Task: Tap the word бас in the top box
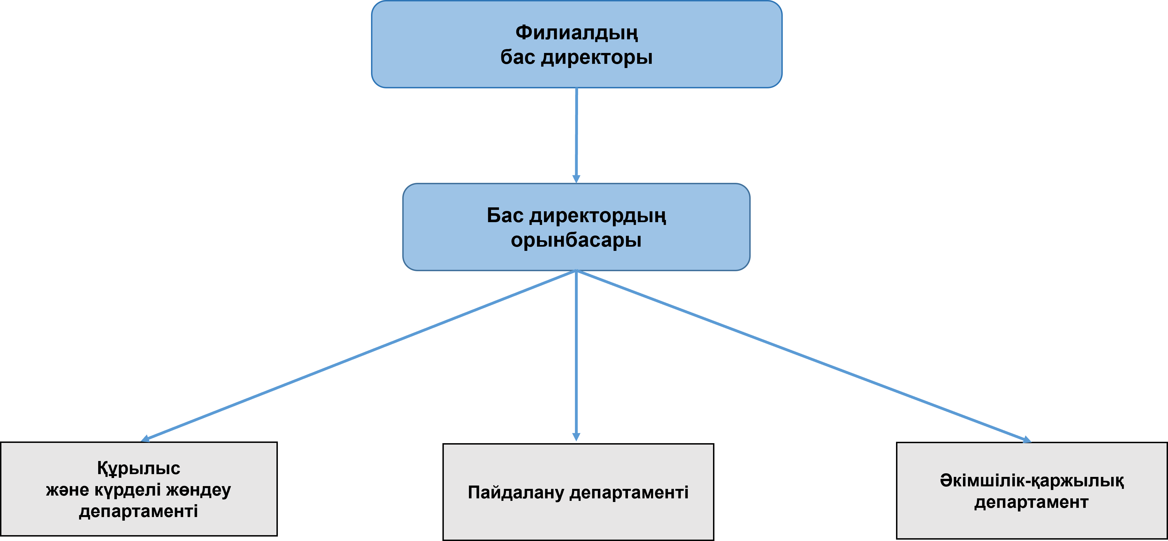point(518,57)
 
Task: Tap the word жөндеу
point(199,490)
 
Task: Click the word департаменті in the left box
point(139,511)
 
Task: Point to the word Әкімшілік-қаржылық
point(1032,481)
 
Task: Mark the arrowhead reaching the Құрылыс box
point(145,439)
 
